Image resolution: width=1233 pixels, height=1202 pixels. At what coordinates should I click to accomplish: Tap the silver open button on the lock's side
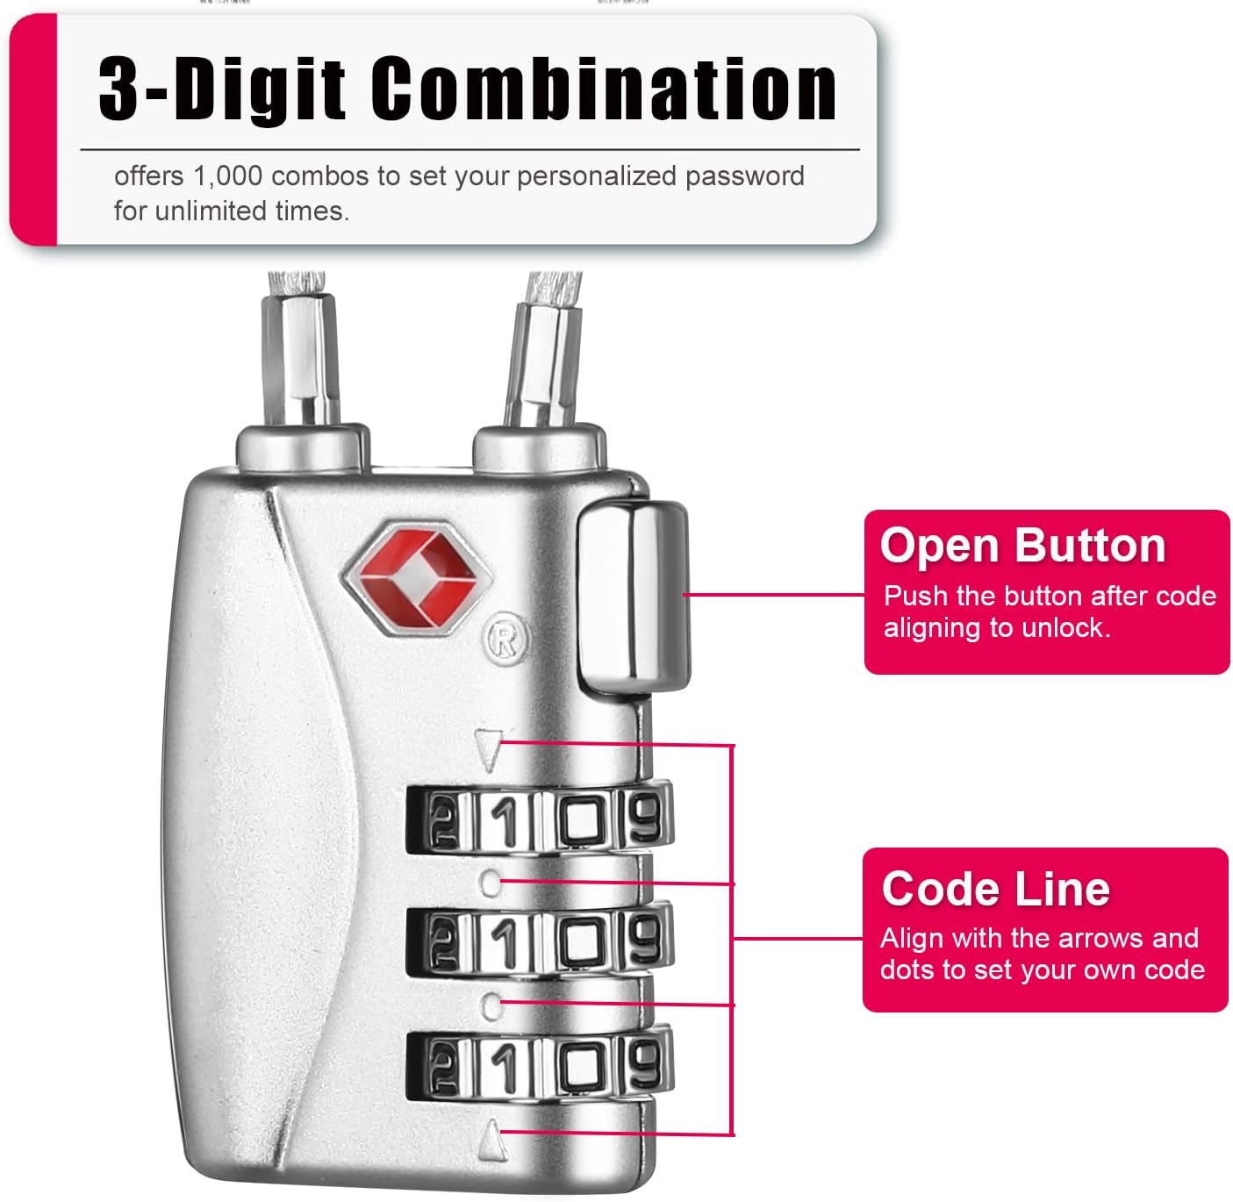pyautogui.click(x=633, y=597)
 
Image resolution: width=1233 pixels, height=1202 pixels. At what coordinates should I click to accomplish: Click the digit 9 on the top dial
pyautogui.click(x=646, y=819)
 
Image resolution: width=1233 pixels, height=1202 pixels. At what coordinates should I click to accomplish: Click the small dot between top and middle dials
pyautogui.click(x=491, y=881)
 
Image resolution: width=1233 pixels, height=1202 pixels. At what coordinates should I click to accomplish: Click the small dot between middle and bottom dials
pyautogui.click(x=491, y=1005)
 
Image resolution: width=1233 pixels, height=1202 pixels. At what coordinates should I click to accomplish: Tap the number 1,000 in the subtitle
pyautogui.click(x=227, y=176)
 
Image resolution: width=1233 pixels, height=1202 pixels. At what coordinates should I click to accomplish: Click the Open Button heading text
pyautogui.click(x=1022, y=546)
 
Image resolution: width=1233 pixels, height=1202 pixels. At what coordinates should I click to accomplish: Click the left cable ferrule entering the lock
pyautogui.click(x=301, y=360)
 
